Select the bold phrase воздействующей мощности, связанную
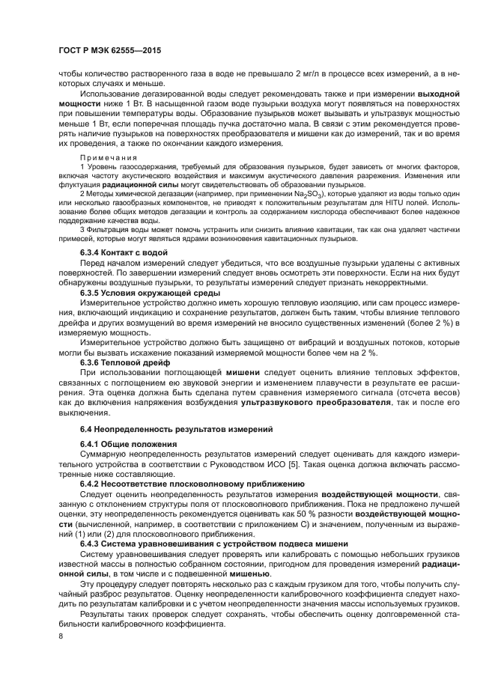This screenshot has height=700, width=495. coord(380,494)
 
